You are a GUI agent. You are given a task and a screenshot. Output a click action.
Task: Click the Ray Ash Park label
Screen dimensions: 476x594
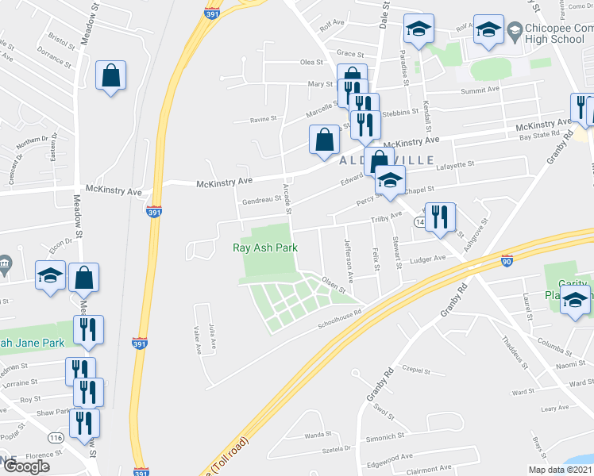pos(265,248)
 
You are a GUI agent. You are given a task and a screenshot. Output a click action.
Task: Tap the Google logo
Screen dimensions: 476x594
pos(26,466)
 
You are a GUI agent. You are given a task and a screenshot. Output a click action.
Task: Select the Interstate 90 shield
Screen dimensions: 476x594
pos(507,259)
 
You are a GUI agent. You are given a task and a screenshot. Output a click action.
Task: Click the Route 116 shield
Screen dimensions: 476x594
pos(55,438)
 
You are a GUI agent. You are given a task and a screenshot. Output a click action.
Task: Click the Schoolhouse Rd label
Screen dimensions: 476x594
pos(339,312)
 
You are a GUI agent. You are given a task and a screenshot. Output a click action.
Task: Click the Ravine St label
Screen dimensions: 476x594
pos(262,119)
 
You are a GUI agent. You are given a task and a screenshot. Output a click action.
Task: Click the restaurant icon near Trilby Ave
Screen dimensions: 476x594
pos(441,217)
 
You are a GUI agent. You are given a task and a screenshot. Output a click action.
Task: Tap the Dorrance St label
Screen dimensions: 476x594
pos(50,59)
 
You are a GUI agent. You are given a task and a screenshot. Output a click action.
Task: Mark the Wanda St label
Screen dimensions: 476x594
pos(318,435)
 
